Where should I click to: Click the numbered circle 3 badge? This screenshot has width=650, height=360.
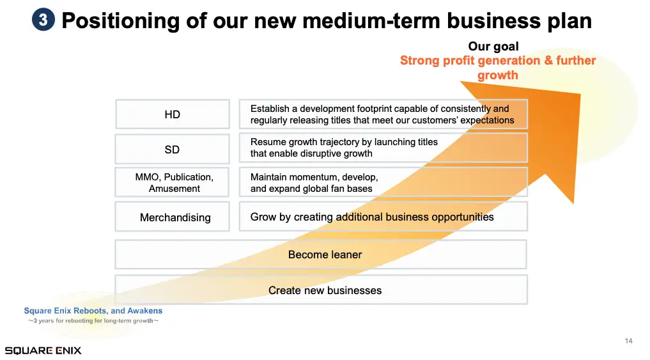coord(43,19)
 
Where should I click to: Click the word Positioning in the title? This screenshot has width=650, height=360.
coord(120,20)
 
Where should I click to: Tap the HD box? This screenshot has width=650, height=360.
coord(173,114)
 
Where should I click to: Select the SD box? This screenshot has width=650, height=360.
coord(173,149)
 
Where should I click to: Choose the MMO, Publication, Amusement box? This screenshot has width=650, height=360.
coord(172,182)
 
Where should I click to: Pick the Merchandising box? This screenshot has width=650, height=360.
coord(173,217)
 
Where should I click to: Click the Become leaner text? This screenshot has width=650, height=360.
coord(325,254)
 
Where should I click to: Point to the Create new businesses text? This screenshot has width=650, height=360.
coord(325,290)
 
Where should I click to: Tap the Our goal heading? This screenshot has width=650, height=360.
coord(493,46)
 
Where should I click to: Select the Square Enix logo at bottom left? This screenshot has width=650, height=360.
coord(43,350)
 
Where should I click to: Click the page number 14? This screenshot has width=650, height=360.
coord(628,341)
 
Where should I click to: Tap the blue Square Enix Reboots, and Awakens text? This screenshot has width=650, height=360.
coord(93,311)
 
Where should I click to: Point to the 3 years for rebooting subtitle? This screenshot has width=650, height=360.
coord(93,320)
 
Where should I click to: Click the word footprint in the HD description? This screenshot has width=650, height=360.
coord(373,109)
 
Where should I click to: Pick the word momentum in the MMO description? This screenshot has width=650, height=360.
coord(314,177)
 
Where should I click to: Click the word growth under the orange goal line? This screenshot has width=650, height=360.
coord(497,75)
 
